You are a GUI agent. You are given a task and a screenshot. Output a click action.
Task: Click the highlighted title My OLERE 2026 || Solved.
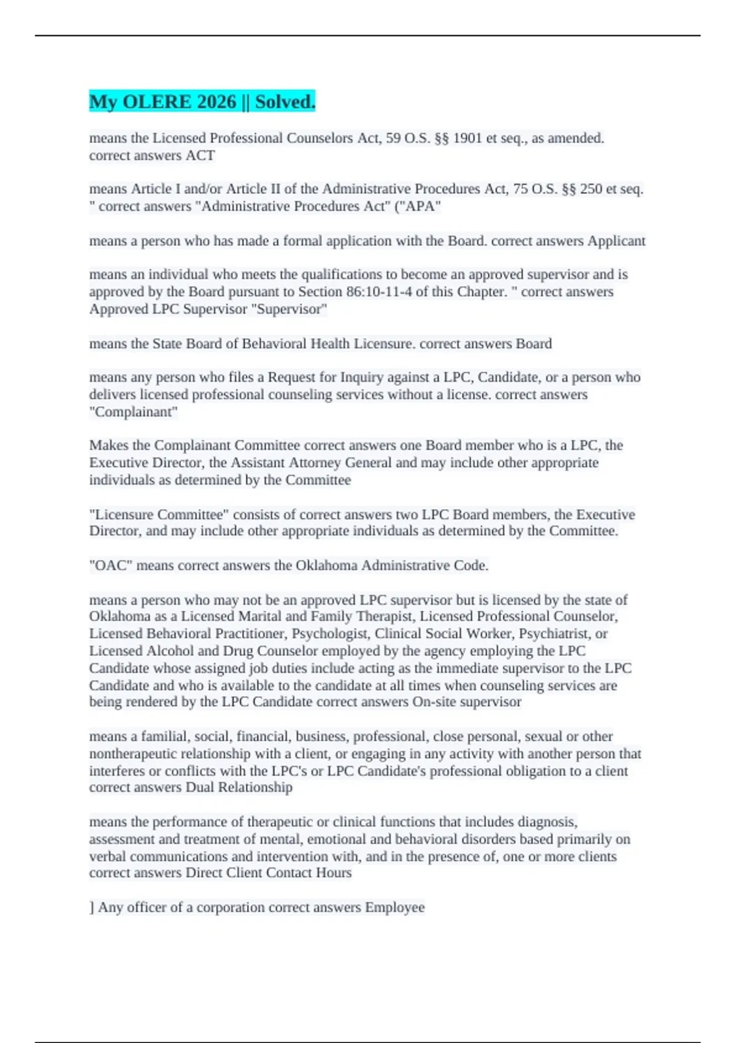(x=202, y=102)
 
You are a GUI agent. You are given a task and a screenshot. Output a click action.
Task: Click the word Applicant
(x=616, y=241)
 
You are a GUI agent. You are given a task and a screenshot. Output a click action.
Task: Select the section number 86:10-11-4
(x=378, y=292)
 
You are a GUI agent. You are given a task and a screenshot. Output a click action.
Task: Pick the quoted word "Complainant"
(x=133, y=412)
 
